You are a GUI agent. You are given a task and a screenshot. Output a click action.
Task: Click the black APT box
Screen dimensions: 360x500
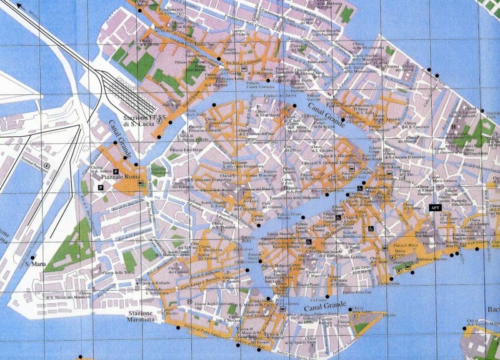pos(436,207)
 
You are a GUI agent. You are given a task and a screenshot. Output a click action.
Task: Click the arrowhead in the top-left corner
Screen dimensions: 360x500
pos(21,7)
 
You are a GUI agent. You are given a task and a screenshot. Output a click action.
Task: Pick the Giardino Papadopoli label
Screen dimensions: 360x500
pos(159,171)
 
